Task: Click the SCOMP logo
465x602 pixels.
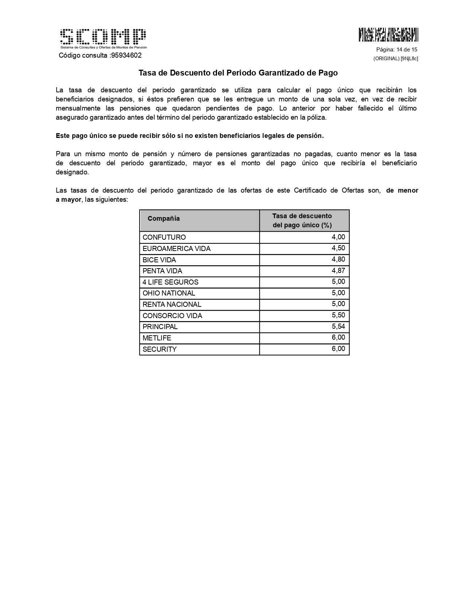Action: [x=103, y=38]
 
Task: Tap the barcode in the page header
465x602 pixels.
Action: [x=388, y=35]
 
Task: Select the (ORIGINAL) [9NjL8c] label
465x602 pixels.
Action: [x=395, y=58]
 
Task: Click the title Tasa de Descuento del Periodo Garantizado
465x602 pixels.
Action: [x=238, y=73]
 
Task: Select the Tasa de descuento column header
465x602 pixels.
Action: [x=302, y=220]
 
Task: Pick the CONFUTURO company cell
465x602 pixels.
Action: [x=164, y=238]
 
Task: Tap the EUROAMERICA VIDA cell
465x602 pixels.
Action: [x=177, y=249]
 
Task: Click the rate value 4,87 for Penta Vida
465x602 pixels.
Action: [x=338, y=271]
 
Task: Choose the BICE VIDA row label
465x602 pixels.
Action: [x=159, y=260]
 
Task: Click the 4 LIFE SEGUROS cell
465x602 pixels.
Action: [x=170, y=282]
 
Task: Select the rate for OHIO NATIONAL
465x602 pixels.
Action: [x=338, y=293]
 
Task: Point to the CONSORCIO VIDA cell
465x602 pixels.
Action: [x=172, y=316]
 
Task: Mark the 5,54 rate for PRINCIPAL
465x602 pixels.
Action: [x=338, y=327]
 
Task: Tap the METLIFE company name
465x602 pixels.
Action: [x=157, y=338]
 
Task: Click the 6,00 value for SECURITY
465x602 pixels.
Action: [x=338, y=349]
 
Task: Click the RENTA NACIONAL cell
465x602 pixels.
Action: [x=172, y=305]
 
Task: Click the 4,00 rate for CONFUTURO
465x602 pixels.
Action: [x=338, y=237]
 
